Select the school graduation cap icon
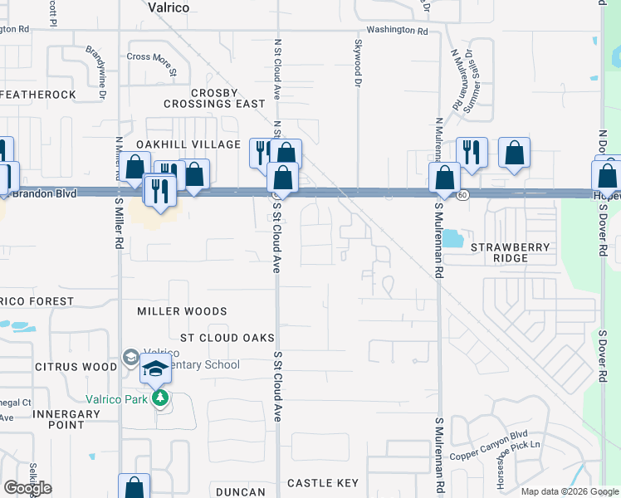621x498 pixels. [x=155, y=369]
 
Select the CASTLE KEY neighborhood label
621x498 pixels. [x=322, y=483]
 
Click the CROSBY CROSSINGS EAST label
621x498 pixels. [x=214, y=99]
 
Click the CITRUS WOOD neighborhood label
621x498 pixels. [x=76, y=367]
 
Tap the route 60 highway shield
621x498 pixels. [x=462, y=195]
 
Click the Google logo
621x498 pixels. [x=28, y=488]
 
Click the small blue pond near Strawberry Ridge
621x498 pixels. [x=453, y=240]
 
